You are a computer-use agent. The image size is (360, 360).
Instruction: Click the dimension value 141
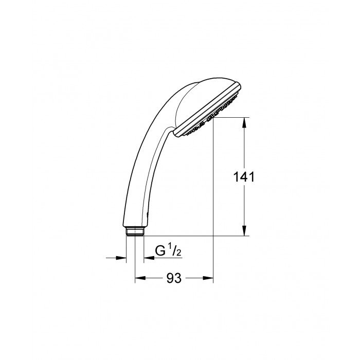pos(244,177)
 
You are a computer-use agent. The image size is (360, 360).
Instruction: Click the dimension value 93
pos(174,278)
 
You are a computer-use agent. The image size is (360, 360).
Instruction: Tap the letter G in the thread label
pos(160,250)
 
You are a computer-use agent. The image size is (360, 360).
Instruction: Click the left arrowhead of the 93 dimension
pos(140,278)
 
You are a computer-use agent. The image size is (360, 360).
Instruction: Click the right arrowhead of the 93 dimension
pos(208,278)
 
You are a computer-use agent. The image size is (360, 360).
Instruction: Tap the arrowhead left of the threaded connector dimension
pos(121,258)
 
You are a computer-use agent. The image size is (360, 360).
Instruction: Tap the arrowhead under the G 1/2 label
pos(149,258)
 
